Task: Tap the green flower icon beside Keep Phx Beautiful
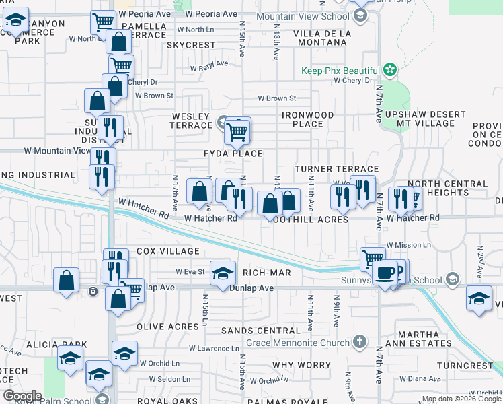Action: point(389,69)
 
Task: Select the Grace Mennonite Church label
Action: point(300,342)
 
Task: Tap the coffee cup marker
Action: point(385,273)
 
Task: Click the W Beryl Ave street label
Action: point(208,68)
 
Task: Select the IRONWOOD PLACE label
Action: point(307,119)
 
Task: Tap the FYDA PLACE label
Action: point(233,154)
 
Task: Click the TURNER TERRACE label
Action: point(337,169)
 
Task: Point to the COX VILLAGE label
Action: point(168,251)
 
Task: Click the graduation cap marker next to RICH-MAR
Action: point(223,273)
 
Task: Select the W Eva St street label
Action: point(190,272)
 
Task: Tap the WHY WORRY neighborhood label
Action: point(291,365)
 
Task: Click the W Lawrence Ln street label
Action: point(214,348)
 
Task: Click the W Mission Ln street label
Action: point(409,245)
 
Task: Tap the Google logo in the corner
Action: point(22,395)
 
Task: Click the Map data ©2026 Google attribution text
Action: point(461,399)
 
